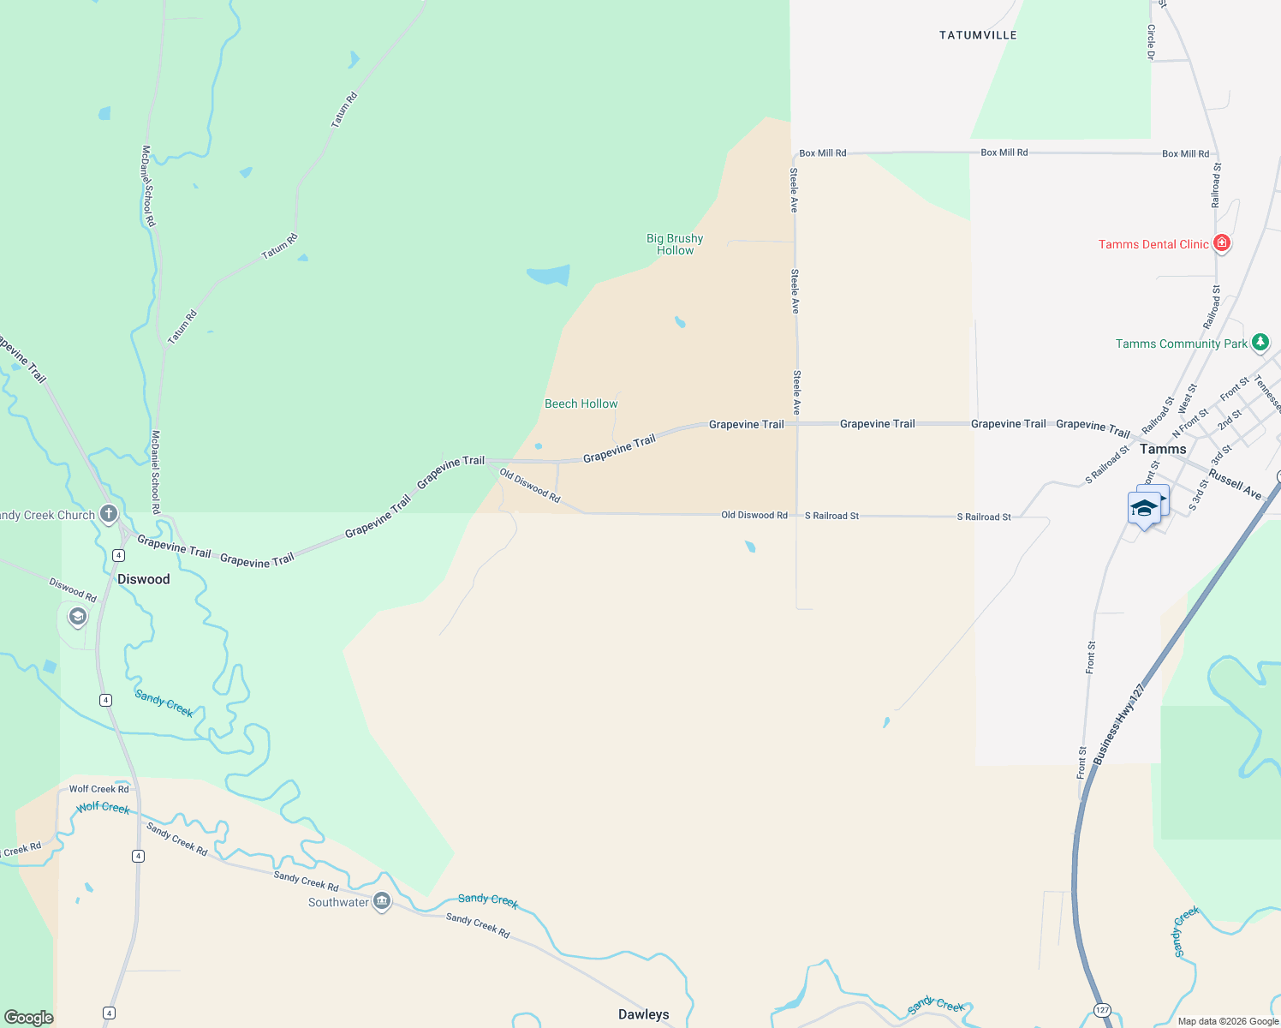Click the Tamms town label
(x=1163, y=449)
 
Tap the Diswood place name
(x=144, y=579)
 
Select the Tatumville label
(x=978, y=35)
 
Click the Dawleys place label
(x=644, y=1014)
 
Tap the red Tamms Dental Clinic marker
(x=1222, y=243)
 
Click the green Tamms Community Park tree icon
(x=1260, y=343)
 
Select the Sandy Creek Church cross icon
(x=109, y=514)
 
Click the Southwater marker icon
(x=382, y=901)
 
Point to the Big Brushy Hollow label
(x=675, y=244)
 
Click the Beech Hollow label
(x=581, y=403)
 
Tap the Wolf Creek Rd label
(x=99, y=789)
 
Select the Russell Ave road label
(x=1235, y=484)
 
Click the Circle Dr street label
(x=1151, y=42)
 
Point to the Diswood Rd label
(x=73, y=589)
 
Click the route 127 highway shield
(x=1102, y=1010)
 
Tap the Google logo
(x=28, y=1017)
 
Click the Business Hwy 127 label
(x=1118, y=724)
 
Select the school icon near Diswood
(x=78, y=616)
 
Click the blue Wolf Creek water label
(x=103, y=808)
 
